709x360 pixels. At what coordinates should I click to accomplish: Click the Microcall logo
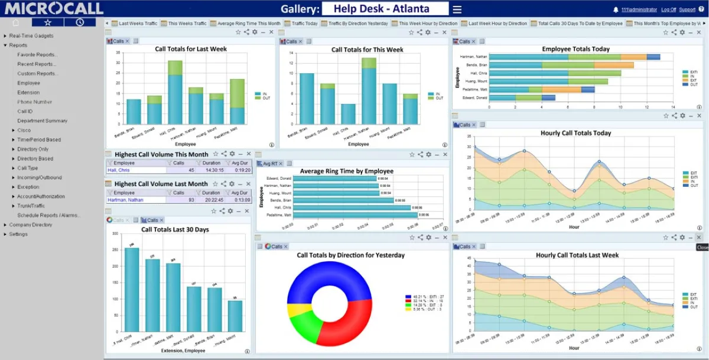(x=54, y=8)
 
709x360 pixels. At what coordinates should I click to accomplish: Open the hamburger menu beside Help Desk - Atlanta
(x=457, y=9)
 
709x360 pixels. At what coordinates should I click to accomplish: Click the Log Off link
(x=668, y=9)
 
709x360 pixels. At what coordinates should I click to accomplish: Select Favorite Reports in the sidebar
(x=37, y=54)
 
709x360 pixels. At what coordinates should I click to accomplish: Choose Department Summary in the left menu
(x=42, y=121)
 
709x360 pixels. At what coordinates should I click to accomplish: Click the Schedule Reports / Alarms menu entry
(x=48, y=215)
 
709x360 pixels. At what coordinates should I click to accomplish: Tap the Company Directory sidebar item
(x=31, y=225)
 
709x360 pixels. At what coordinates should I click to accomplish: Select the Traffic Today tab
(x=304, y=24)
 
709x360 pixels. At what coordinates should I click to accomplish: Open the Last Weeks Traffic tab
(x=138, y=24)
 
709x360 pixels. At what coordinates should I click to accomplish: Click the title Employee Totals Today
(x=575, y=49)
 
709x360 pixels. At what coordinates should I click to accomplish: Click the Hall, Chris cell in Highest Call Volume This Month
(x=119, y=170)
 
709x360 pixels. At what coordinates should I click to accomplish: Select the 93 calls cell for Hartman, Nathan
(x=191, y=200)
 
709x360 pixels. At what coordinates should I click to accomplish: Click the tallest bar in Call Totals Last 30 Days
(x=132, y=290)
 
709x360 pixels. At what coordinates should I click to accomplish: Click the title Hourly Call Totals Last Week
(x=577, y=255)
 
